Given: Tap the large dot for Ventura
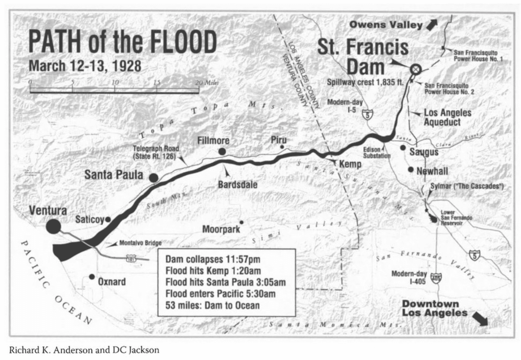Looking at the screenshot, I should click(x=53, y=226).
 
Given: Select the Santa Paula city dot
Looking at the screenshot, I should click(x=154, y=178).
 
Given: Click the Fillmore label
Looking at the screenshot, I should click(x=213, y=141).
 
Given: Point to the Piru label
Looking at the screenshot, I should click(x=279, y=140).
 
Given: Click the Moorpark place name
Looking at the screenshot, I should click(x=221, y=229).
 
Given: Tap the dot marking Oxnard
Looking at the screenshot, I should click(x=92, y=277).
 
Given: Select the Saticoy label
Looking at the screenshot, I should click(x=90, y=219).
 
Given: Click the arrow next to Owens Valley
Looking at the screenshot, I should click(x=432, y=24).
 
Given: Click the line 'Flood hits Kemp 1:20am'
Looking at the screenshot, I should click(x=213, y=271).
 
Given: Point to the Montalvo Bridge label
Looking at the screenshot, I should click(x=140, y=243).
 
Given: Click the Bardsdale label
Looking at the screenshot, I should click(x=237, y=184).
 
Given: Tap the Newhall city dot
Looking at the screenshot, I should click(x=411, y=169).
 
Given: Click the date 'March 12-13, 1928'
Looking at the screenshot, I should click(x=85, y=66).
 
